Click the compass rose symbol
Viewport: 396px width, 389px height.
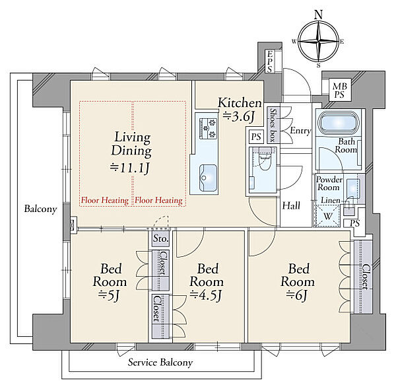pos(319,41)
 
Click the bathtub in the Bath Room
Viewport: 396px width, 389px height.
pos(338,124)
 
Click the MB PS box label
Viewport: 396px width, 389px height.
pos(339,90)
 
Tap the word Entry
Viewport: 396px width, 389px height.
pos(300,131)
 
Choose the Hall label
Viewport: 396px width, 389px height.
pos(291,206)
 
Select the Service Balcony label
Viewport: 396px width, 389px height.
pos(160,363)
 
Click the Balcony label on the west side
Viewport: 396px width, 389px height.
pos(40,209)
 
